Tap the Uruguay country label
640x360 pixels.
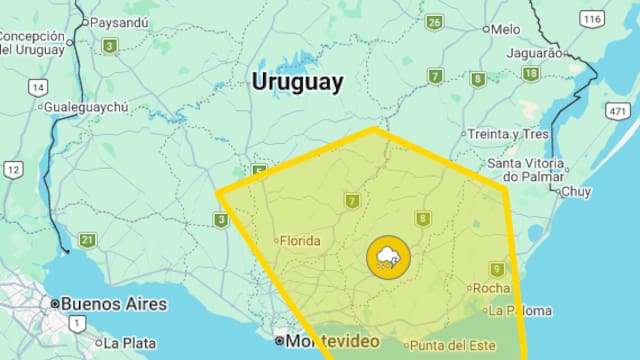click(297, 82)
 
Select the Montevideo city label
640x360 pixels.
click(334, 342)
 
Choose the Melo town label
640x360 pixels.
click(506, 29)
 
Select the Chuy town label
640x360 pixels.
click(576, 191)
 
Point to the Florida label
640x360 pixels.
click(299, 241)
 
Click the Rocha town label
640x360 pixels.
click(491, 289)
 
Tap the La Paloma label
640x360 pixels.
click(521, 310)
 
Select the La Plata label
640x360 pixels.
click(129, 342)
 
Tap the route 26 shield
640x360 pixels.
click(434, 22)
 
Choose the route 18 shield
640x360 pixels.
click(530, 74)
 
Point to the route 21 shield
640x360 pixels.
click(88, 239)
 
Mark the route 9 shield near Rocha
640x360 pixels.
click(497, 269)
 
